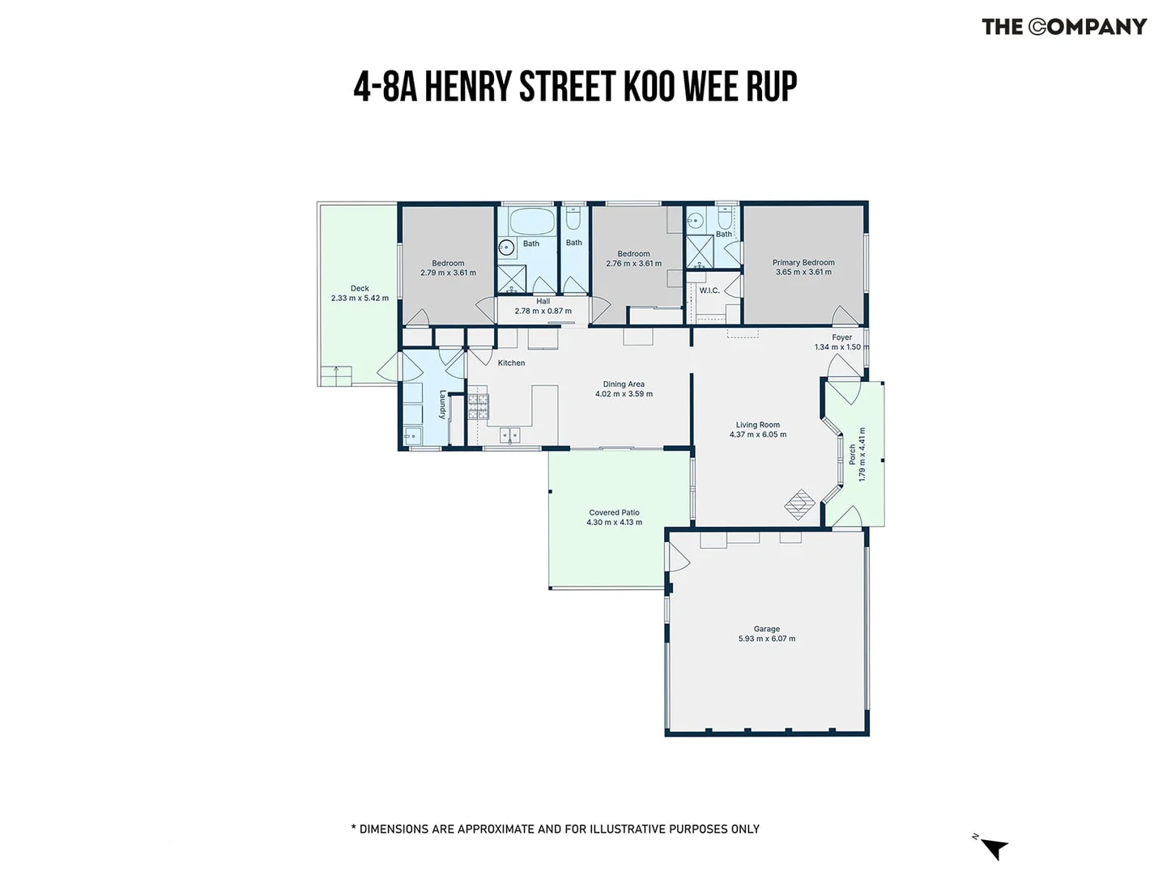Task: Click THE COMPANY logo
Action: pyautogui.click(x=1064, y=27)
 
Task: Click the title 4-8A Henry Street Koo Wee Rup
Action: pyautogui.click(x=575, y=86)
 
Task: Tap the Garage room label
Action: pyautogui.click(x=766, y=629)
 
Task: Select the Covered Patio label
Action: pyautogui.click(x=614, y=512)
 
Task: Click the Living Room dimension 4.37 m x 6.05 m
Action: pyautogui.click(x=758, y=434)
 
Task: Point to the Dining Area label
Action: pyautogui.click(x=624, y=384)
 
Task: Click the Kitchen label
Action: pyautogui.click(x=511, y=363)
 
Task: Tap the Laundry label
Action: pyautogui.click(x=442, y=405)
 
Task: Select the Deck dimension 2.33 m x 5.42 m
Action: pyautogui.click(x=360, y=298)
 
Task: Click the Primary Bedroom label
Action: pyautogui.click(x=803, y=262)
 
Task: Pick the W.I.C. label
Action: pyautogui.click(x=709, y=291)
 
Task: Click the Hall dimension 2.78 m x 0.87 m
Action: pyautogui.click(x=543, y=311)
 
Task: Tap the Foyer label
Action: pyautogui.click(x=841, y=337)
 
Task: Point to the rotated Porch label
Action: pyautogui.click(x=852, y=454)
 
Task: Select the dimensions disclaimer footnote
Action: pyautogui.click(x=555, y=829)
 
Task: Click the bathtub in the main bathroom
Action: pyautogui.click(x=532, y=220)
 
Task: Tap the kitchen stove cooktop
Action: pyautogui.click(x=478, y=406)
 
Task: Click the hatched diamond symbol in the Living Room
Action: pyautogui.click(x=799, y=504)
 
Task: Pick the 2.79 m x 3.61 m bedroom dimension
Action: pyautogui.click(x=448, y=273)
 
